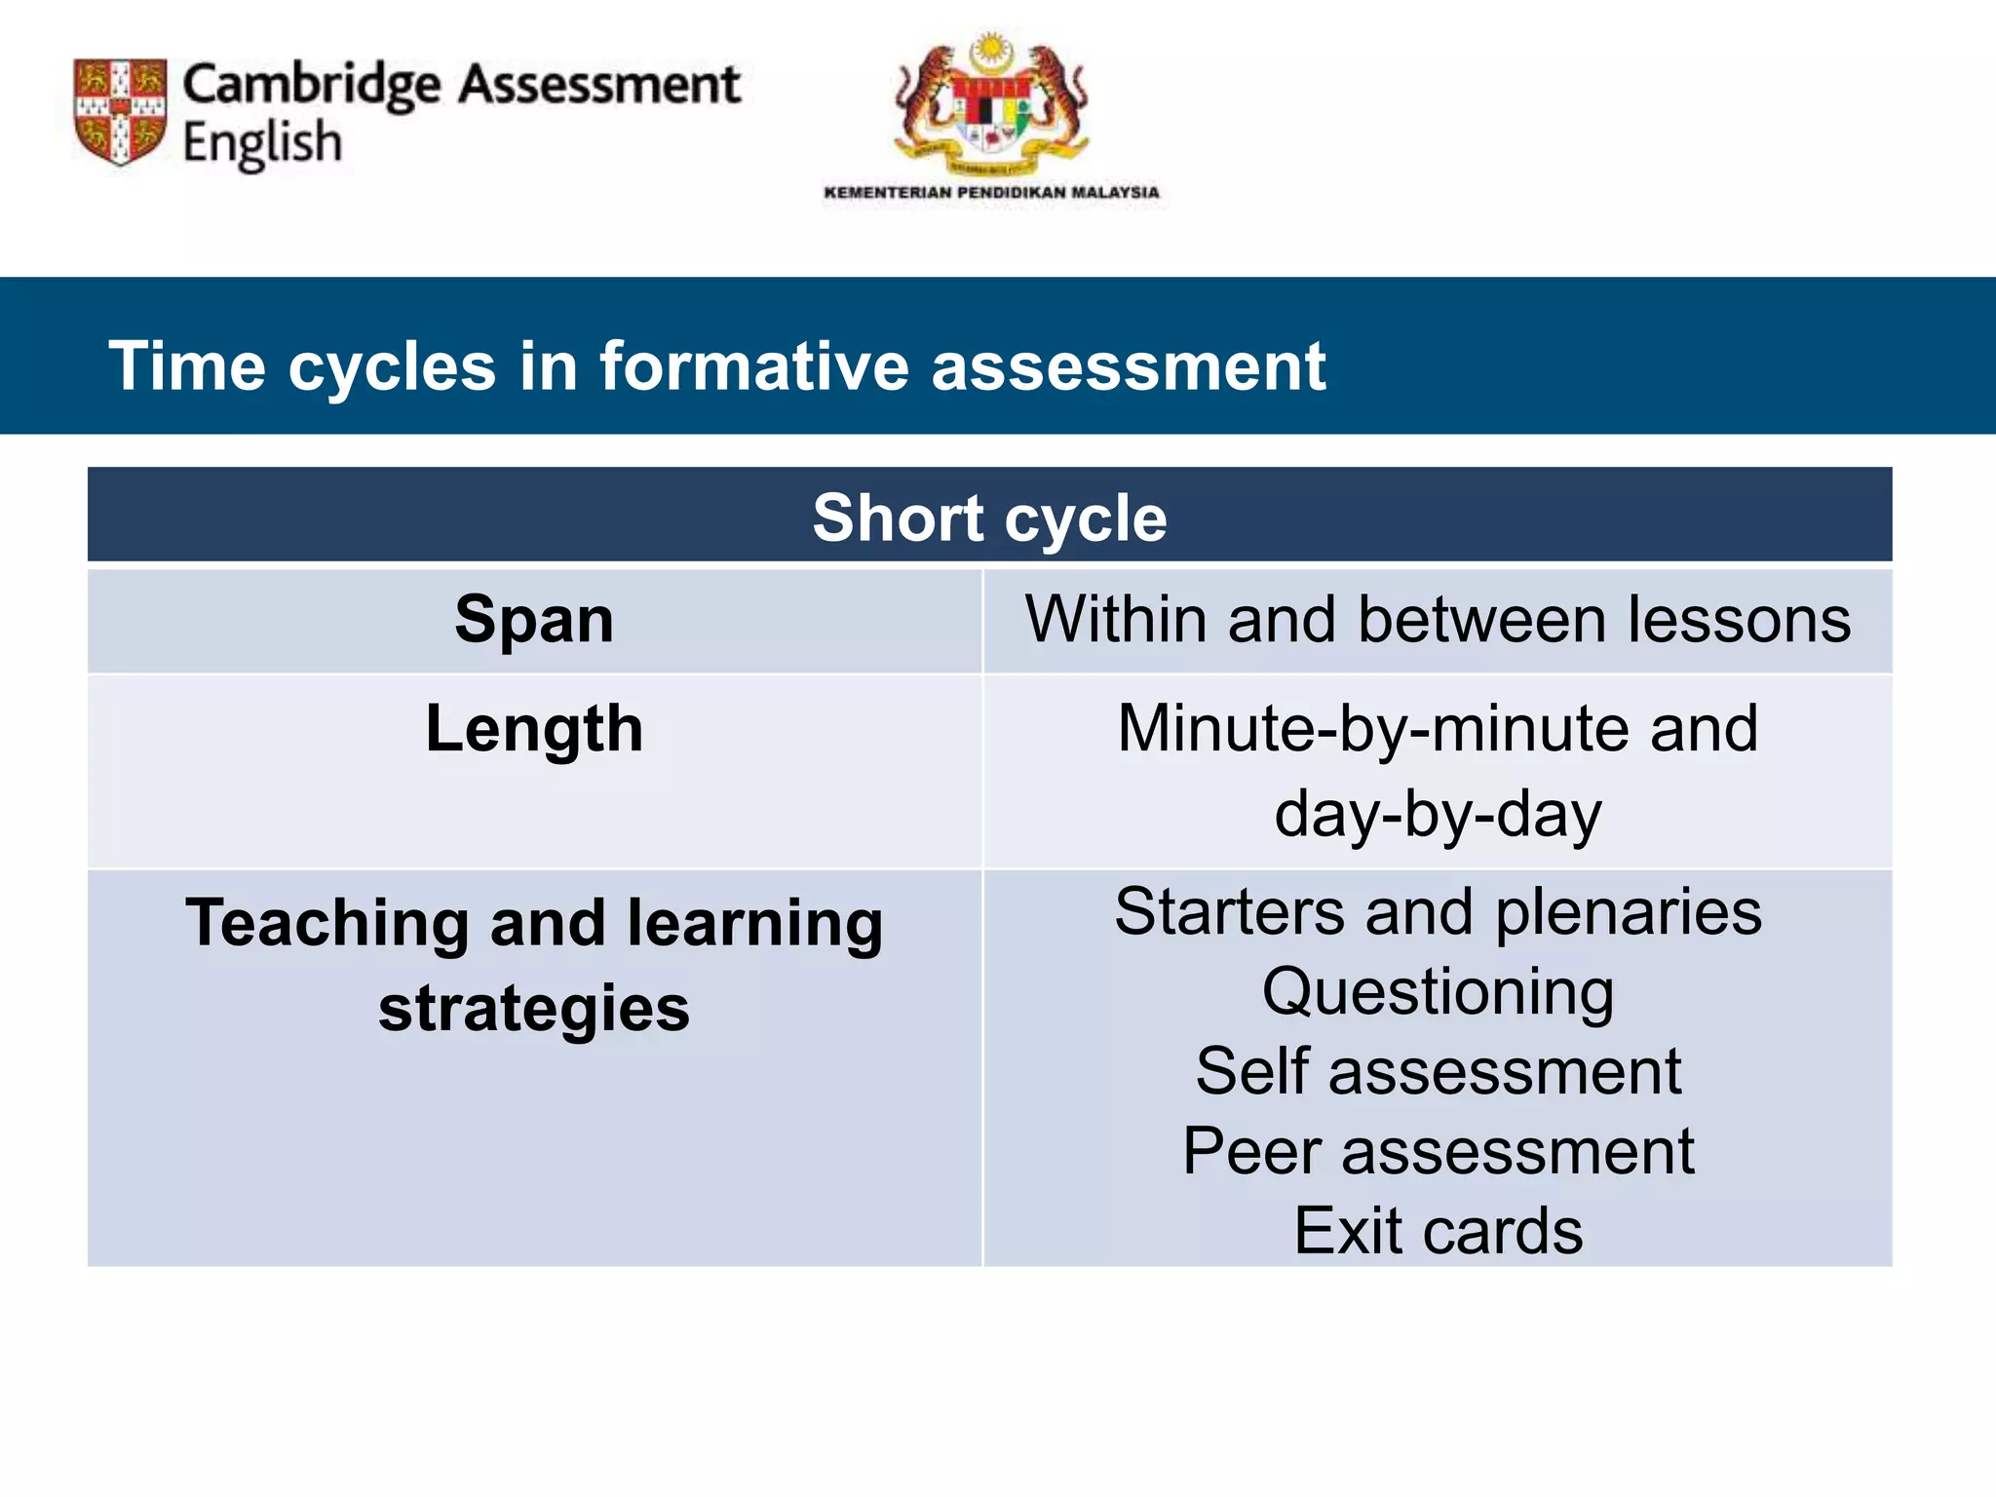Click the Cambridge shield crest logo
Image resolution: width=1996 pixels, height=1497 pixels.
pos(120,110)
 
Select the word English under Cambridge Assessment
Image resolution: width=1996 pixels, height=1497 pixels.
pos(262,143)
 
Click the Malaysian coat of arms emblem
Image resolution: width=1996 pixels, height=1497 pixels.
pos(991,105)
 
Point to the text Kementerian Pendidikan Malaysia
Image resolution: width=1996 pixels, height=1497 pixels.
pos(991,192)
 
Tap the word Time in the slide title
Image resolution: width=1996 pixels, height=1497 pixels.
pos(186,366)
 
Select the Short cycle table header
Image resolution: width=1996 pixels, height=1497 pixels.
pos(989,518)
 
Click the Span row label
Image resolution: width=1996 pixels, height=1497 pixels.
pos(534,620)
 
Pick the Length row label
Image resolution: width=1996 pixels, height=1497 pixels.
pos(534,729)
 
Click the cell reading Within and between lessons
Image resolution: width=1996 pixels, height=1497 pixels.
pos(1438,620)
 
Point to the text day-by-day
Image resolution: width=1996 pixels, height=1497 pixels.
pos(1438,815)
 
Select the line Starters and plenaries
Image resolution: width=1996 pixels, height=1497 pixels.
pos(1438,912)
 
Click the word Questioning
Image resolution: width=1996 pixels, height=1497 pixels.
pos(1438,992)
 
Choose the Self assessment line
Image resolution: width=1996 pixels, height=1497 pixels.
pos(1438,1071)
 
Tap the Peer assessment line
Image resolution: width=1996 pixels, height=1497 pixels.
pos(1438,1151)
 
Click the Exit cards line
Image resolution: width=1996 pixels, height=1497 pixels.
pos(1438,1231)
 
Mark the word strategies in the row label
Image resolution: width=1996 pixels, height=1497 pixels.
pos(534,1009)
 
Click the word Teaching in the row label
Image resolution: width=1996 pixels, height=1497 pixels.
pos(327,924)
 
